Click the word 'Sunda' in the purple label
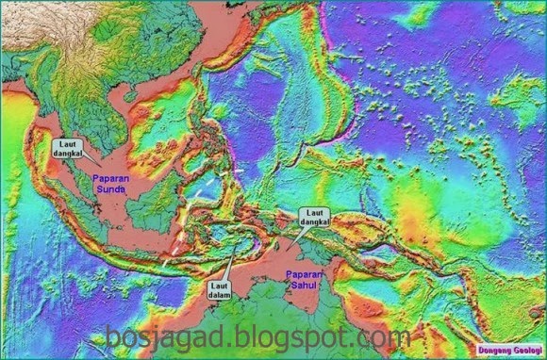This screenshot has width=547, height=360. (111, 188)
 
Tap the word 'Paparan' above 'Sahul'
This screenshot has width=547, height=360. (303, 272)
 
